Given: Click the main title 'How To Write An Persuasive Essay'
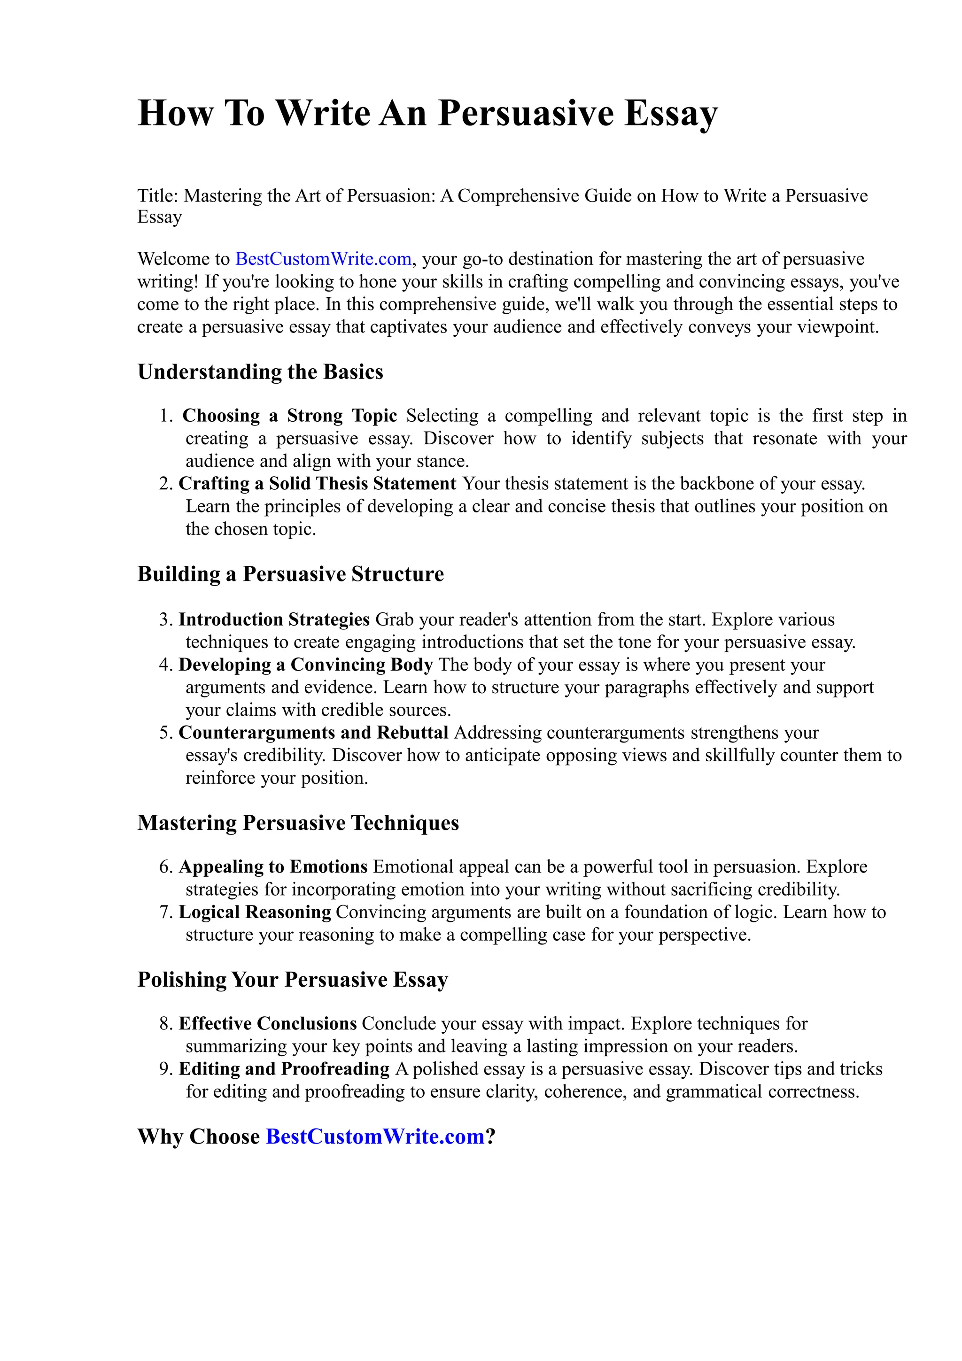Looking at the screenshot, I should [x=427, y=113].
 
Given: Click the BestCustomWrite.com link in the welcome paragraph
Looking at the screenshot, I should [x=323, y=259].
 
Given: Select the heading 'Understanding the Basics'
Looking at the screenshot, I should [x=260, y=371].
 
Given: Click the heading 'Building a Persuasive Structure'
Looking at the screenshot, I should [x=290, y=574].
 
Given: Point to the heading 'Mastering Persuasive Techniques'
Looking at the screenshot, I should [x=298, y=823].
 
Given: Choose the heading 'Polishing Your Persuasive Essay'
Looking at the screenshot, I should [x=293, y=979].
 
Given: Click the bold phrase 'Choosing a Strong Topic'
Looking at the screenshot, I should [x=289, y=416].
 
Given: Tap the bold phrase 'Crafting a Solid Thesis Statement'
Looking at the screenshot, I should [x=317, y=484].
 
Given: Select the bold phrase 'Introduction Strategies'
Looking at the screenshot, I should [x=274, y=619].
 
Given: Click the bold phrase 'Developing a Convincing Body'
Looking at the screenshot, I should [x=305, y=665].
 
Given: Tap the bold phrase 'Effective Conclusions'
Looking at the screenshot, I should [x=267, y=1024].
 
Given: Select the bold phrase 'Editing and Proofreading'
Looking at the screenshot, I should [x=284, y=1069].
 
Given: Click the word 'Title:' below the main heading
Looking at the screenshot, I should [x=158, y=196].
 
